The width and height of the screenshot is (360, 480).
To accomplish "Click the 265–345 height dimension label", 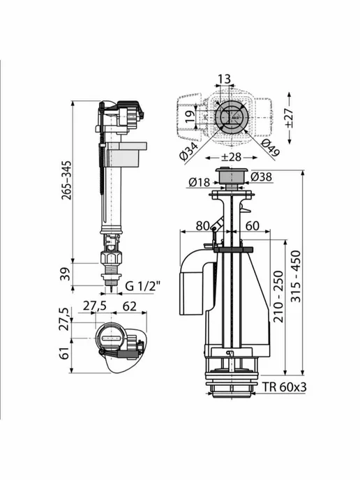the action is [x=66, y=180].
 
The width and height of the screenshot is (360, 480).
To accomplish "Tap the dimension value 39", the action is [x=66, y=273].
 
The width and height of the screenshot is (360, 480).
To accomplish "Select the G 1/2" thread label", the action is [x=142, y=286].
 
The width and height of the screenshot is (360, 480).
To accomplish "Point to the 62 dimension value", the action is [x=130, y=306].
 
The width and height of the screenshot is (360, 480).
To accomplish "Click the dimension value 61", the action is [x=65, y=353].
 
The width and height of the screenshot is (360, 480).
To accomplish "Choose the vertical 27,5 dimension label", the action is [x=65, y=320].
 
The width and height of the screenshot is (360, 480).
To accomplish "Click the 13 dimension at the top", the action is [x=224, y=79].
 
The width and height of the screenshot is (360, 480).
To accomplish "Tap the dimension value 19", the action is [x=190, y=116].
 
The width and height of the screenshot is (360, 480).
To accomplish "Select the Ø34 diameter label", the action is [x=189, y=151].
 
